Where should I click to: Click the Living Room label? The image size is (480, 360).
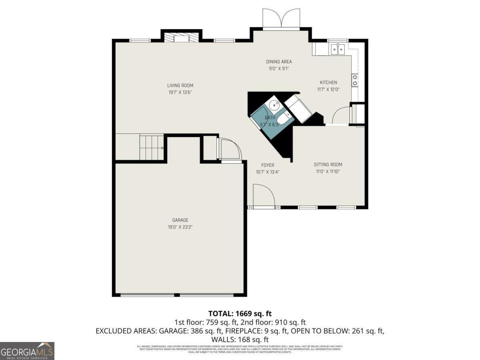point(180,85)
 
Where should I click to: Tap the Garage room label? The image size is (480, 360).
point(180,220)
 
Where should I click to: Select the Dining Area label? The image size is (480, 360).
point(279,62)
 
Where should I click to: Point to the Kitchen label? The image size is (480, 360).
point(328,82)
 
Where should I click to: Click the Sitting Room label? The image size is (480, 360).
point(328,164)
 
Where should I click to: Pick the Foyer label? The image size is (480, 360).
point(268,165)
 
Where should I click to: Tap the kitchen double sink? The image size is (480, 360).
point(338,49)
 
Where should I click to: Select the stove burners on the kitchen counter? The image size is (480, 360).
point(354,80)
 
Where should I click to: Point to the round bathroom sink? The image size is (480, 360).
point(274,106)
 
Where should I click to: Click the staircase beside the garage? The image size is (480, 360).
point(152,147)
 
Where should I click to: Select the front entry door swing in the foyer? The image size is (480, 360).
point(263,196)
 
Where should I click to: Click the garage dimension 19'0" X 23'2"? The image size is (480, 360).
point(180,227)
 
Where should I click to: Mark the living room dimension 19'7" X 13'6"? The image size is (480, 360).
point(180,92)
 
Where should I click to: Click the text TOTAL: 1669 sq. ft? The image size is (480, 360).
point(240,313)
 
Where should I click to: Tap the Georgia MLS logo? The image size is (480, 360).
point(27,351)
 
